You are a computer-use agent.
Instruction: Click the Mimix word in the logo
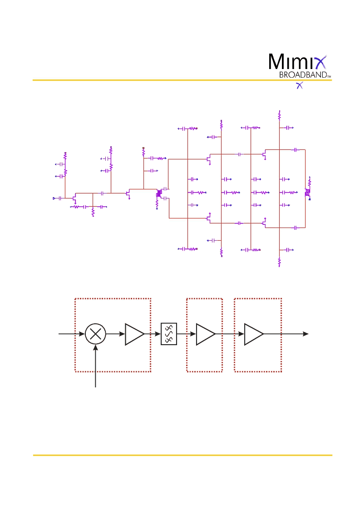[297, 62]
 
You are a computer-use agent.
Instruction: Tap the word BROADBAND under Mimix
[303, 75]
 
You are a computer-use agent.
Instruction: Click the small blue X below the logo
[300, 85]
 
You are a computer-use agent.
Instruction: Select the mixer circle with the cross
[95, 334]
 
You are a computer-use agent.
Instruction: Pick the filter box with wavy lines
[169, 334]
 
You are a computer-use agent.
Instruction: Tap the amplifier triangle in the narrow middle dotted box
[206, 334]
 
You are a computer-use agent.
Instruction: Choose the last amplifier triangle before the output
[254, 334]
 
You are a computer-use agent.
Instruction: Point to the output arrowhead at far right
[306, 334]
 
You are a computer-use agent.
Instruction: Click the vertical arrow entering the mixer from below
[95, 366]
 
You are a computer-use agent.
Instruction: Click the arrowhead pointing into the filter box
[158, 334]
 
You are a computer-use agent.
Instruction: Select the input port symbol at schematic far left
[54, 198]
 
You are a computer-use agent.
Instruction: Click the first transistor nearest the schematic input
[74, 198]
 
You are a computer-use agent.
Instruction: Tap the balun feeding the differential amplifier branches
[159, 193]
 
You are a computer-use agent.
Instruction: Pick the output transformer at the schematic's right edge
[307, 193]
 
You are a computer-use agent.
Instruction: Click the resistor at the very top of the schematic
[279, 115]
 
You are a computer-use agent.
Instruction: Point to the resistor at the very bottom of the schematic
[279, 262]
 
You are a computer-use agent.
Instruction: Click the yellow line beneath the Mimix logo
[182, 80]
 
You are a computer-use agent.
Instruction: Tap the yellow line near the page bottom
[182, 455]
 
